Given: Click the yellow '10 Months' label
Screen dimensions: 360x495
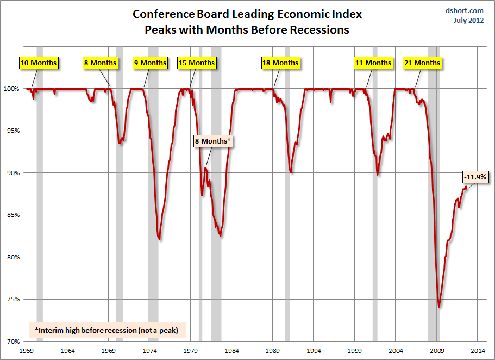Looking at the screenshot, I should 39,63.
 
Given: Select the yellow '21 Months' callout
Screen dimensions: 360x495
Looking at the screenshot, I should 422,63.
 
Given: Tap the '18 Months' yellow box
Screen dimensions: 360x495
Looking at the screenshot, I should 280,63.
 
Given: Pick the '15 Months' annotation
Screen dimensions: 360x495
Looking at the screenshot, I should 197,63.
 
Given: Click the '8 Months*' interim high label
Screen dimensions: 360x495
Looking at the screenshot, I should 213,141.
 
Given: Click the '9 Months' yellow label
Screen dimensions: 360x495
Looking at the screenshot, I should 150,63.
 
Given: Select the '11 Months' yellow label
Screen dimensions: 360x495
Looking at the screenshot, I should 373,63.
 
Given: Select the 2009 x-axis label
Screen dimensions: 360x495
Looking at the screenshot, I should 437,351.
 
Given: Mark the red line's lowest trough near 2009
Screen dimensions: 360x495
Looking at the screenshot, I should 439,307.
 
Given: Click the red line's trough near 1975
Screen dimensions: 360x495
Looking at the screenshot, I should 159,239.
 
